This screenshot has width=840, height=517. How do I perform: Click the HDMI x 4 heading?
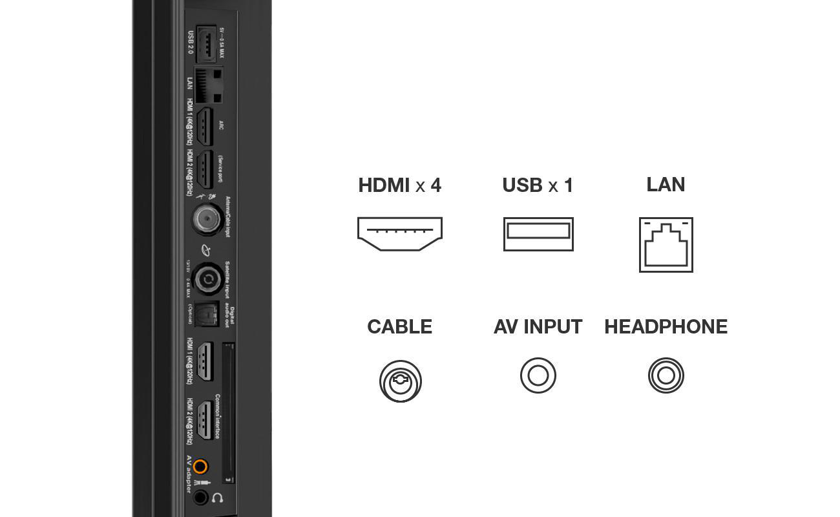click(x=399, y=185)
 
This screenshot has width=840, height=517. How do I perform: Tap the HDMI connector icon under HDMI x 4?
click(x=399, y=234)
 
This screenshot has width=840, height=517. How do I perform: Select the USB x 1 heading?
click(x=538, y=185)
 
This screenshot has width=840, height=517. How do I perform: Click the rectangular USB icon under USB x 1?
click(x=538, y=234)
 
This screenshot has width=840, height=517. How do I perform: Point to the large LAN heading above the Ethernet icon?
click(x=666, y=185)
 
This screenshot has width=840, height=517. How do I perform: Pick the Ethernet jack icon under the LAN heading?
click(x=666, y=245)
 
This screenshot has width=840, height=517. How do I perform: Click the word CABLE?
click(x=399, y=327)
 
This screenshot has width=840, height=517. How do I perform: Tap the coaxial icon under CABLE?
click(x=401, y=381)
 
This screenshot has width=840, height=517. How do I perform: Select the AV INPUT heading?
click(x=538, y=327)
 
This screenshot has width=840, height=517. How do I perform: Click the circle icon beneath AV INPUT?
click(x=538, y=375)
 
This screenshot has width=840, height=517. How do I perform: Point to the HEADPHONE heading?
click(x=666, y=327)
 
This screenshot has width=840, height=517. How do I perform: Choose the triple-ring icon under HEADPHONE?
click(x=666, y=375)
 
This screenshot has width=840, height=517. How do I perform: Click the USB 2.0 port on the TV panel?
click(x=205, y=44)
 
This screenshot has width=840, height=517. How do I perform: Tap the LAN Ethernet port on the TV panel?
click(x=208, y=85)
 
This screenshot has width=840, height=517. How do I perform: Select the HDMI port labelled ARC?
click(x=205, y=126)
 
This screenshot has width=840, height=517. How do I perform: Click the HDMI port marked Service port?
click(x=205, y=169)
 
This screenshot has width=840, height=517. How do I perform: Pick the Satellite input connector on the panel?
click(x=208, y=279)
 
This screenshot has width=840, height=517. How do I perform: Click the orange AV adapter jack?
click(x=201, y=467)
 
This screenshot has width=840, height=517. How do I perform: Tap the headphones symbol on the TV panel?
click(x=218, y=498)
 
